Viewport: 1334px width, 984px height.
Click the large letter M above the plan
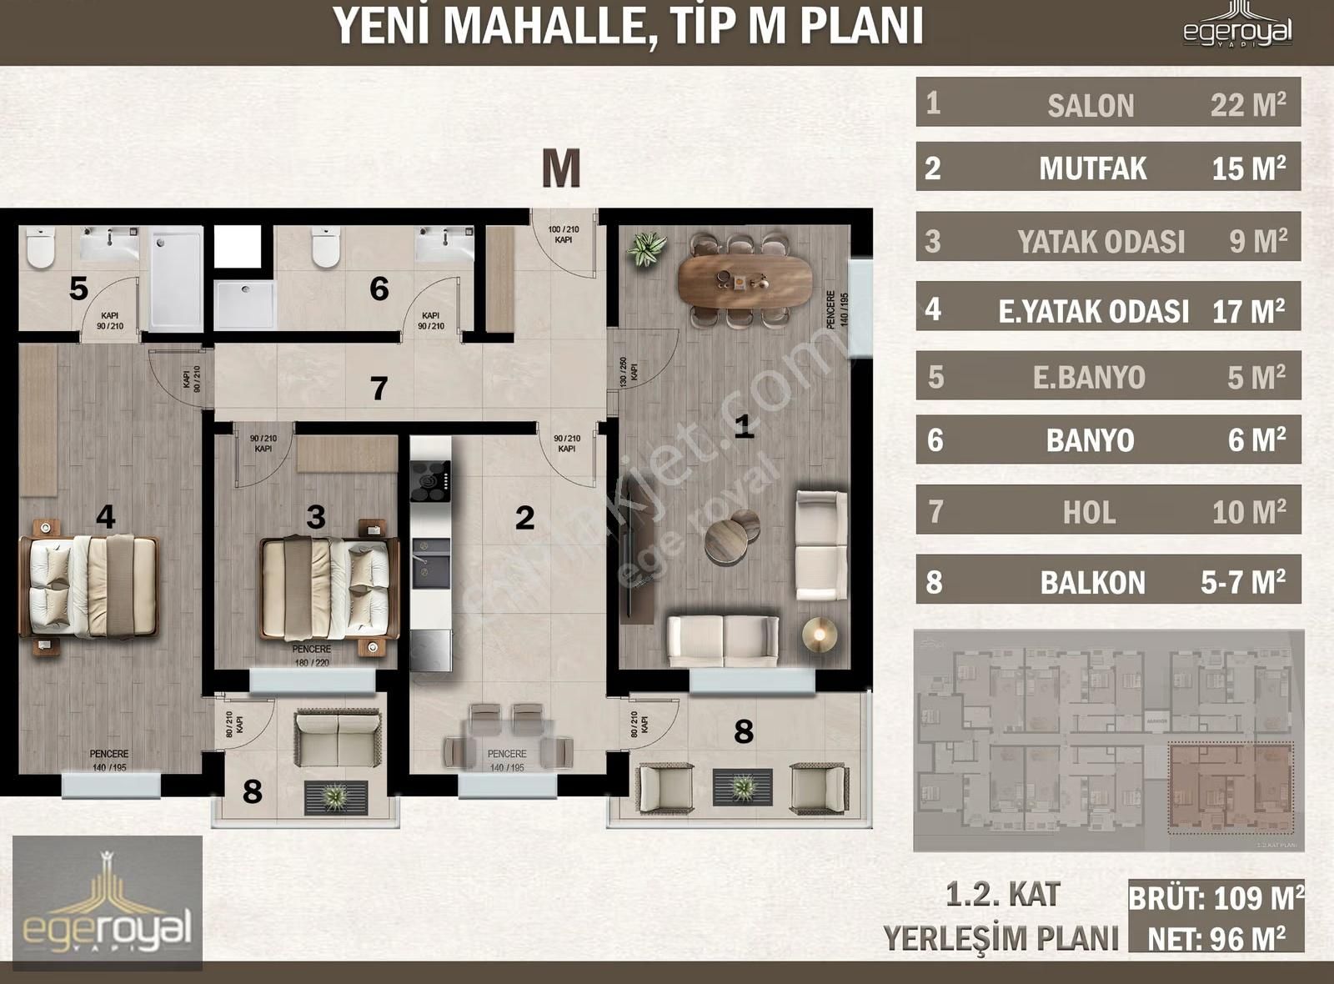tap(561, 168)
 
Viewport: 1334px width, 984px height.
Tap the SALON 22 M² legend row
tap(1108, 104)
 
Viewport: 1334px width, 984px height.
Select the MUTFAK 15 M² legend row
tap(1108, 168)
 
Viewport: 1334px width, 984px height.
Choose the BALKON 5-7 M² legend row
tap(1108, 581)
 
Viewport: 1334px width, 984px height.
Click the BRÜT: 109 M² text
tap(1216, 898)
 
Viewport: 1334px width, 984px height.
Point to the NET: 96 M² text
tap(1216, 939)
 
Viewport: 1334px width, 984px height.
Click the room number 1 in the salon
tap(743, 427)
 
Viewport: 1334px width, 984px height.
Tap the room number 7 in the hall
tap(379, 388)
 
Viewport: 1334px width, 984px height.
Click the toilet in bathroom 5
tap(40, 248)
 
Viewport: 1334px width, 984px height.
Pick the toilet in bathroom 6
tap(326, 248)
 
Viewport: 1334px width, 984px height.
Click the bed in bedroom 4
tap(90, 586)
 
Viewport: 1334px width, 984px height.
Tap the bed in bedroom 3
tap(328, 588)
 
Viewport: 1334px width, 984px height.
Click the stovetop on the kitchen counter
tap(430, 481)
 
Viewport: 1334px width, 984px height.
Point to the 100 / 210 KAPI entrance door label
tap(564, 234)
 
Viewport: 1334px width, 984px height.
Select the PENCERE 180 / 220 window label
tap(311, 655)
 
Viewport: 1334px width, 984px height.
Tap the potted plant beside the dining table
tap(647, 249)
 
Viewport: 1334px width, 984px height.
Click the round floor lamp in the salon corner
tap(820, 635)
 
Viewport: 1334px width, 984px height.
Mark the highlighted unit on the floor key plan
tap(1231, 788)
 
